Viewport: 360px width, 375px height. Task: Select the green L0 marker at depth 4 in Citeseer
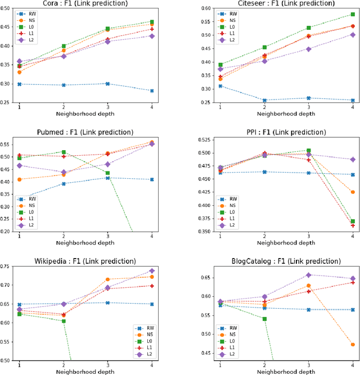pos(352,15)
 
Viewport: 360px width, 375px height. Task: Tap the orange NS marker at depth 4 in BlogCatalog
pos(352,344)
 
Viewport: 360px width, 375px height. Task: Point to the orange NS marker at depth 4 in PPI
pos(352,192)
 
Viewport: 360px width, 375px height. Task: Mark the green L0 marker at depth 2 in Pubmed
pos(64,152)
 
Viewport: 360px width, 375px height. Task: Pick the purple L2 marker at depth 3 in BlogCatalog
pos(308,275)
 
